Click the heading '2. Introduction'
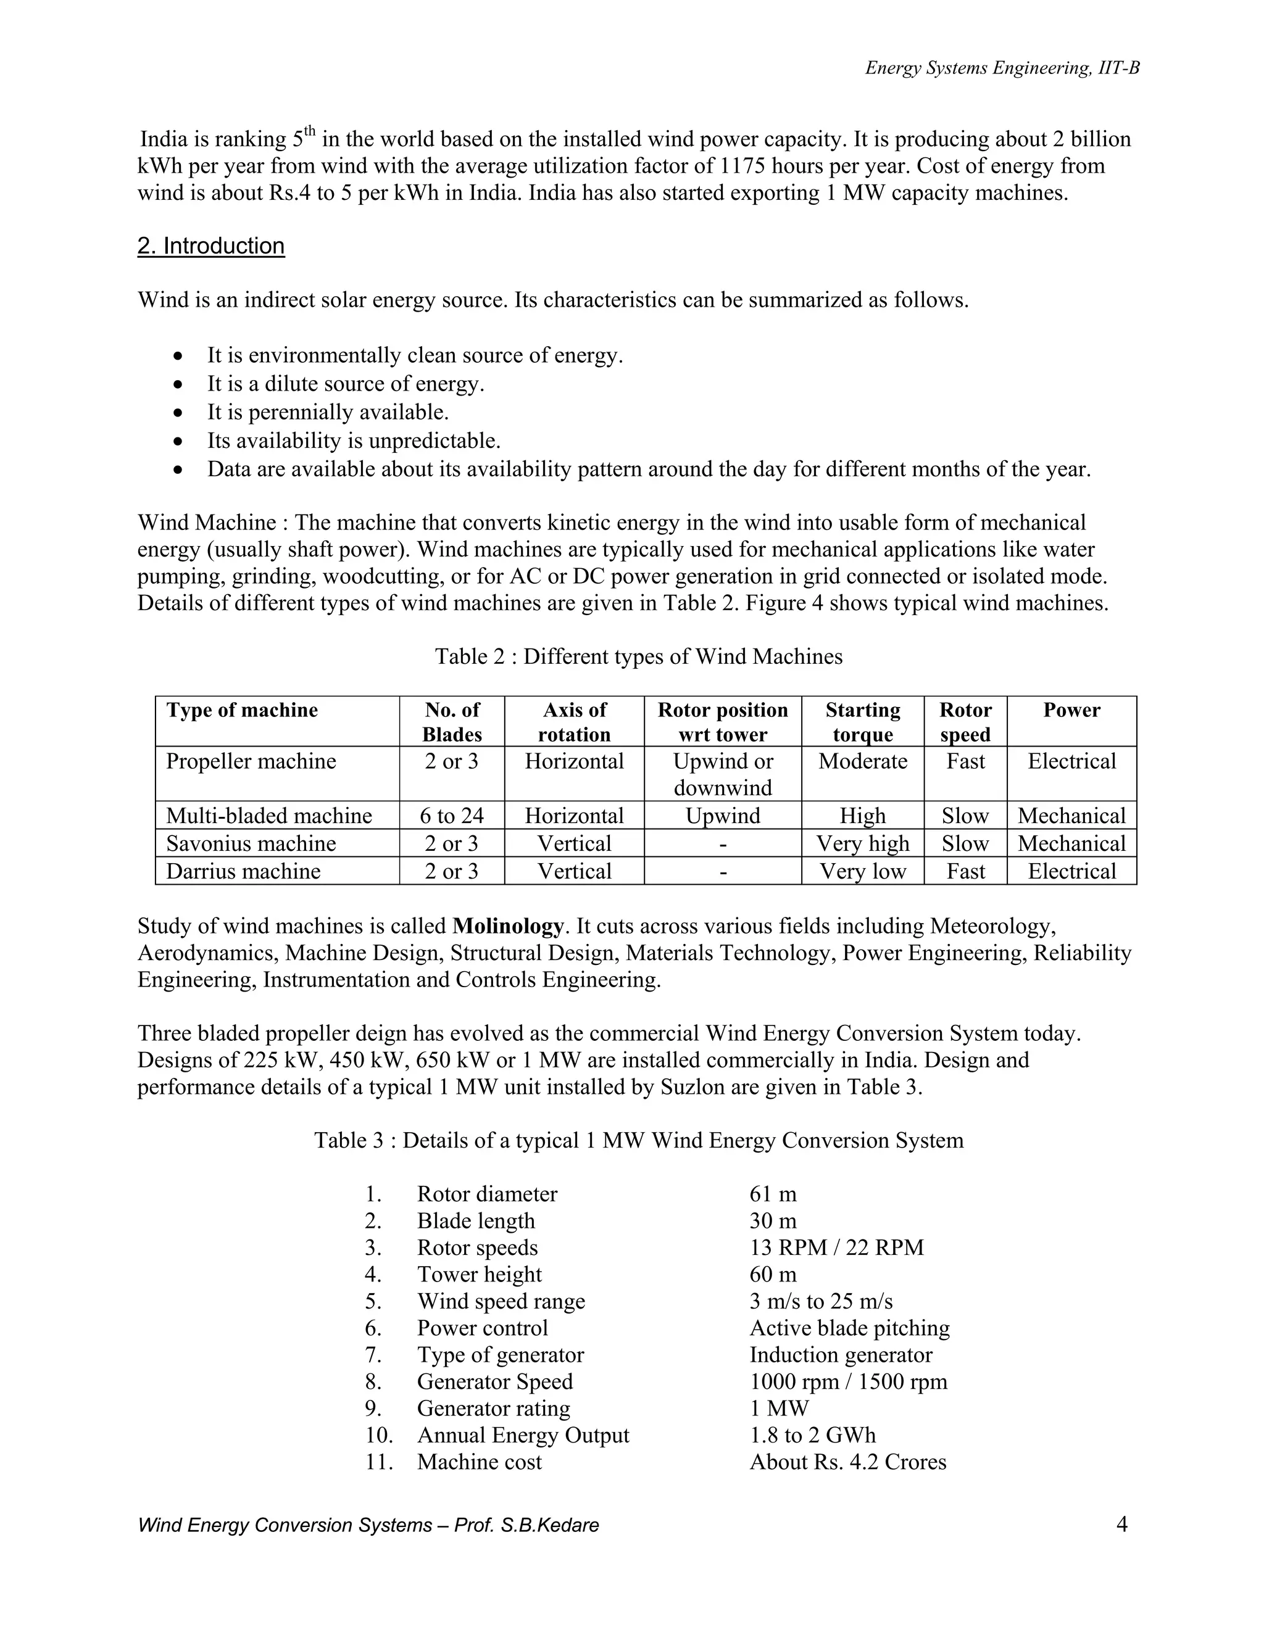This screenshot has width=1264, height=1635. tap(210, 246)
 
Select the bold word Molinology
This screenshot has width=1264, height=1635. tap(508, 926)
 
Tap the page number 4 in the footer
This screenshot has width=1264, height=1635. tap(1121, 1523)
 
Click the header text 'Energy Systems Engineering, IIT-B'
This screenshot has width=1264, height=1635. tap(1002, 68)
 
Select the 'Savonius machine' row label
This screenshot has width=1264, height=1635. tap(251, 843)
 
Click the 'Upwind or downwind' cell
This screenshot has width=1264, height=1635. tap(723, 774)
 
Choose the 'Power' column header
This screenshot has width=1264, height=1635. tap(1071, 710)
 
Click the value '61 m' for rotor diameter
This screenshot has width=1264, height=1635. tap(773, 1193)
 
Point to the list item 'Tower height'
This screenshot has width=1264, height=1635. tap(479, 1274)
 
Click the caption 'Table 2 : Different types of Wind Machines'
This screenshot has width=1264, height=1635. tap(639, 656)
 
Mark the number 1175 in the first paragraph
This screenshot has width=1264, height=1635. tap(743, 165)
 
